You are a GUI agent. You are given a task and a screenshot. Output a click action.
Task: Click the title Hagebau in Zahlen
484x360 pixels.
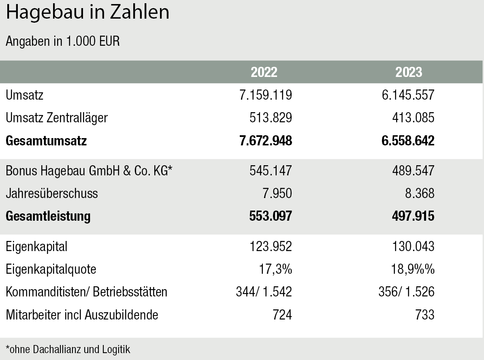point(87,13)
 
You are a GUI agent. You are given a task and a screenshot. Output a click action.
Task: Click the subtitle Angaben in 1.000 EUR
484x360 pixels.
point(63,41)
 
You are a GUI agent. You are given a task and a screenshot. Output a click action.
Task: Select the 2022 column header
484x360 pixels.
point(264,72)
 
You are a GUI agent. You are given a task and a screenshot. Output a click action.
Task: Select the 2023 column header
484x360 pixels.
point(409,72)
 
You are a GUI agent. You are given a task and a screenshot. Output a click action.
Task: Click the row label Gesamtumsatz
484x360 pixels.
point(47,141)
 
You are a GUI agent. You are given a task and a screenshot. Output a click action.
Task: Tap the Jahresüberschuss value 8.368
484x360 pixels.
point(417,194)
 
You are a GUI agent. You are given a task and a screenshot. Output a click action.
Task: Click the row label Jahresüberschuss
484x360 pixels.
point(52,194)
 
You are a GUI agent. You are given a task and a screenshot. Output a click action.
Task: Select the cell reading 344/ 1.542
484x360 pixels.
point(264,292)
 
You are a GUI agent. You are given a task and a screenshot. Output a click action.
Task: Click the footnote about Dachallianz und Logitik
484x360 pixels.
point(68,349)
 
